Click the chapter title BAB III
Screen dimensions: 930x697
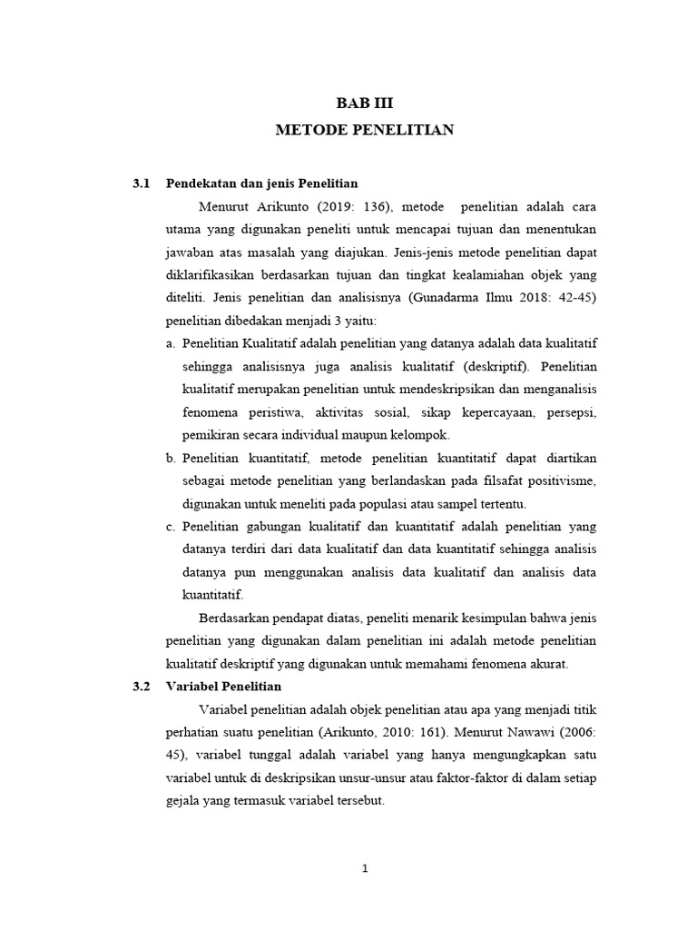364,104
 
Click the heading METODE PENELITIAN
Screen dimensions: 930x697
364,131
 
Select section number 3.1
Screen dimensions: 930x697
140,183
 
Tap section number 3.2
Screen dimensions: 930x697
140,686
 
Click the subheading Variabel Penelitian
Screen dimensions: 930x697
224,686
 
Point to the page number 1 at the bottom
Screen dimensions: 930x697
364,868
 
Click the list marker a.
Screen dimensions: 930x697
171,343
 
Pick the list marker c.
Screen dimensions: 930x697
171,526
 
